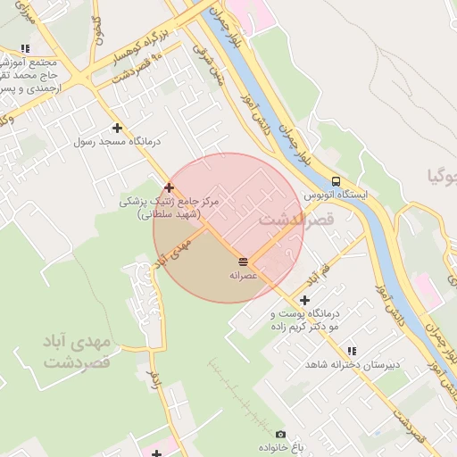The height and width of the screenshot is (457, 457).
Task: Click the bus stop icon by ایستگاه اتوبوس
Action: click(x=335, y=179)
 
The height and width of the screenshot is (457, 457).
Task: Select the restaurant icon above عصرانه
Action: click(x=244, y=261)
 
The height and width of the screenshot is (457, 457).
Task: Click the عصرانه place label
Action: click(x=244, y=275)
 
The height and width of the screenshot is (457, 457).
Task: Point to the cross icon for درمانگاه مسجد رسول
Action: click(x=117, y=129)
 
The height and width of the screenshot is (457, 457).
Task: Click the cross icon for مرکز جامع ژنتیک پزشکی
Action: click(x=169, y=187)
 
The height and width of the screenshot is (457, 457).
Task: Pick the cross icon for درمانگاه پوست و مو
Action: click(x=305, y=300)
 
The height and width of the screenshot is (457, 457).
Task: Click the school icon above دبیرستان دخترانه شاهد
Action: click(x=351, y=352)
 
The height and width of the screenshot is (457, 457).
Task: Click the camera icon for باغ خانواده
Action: click(x=280, y=434)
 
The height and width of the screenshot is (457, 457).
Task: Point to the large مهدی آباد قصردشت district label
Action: click(x=75, y=353)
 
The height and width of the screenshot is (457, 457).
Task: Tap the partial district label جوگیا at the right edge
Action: click(x=443, y=176)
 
